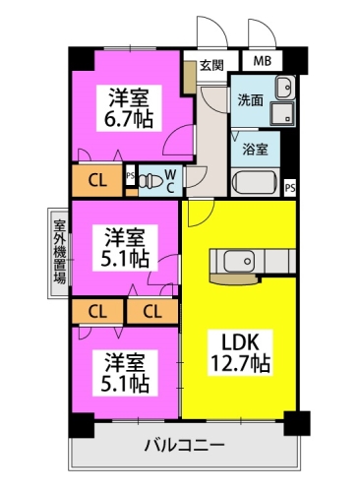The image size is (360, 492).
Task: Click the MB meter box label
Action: [263, 61]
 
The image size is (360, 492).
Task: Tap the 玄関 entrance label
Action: [211, 65]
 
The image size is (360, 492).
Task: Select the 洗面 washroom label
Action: [250, 100]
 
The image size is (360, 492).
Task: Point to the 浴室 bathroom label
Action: [255, 150]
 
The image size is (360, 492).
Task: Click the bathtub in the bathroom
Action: [255, 182]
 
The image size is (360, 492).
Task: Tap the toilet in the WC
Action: [151, 181]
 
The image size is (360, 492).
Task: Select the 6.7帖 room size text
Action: [128, 121]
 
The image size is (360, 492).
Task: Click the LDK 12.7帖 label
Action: [240, 352]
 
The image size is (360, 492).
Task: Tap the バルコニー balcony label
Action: [185, 446]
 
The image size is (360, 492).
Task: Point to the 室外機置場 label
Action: [60, 252]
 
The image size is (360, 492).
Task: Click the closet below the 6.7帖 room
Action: [97, 180]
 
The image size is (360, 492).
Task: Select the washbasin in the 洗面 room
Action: [285, 88]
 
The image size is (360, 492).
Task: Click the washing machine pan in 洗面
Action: [283, 113]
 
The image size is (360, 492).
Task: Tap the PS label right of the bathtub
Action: [290, 188]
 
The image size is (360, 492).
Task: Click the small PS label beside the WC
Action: [130, 175]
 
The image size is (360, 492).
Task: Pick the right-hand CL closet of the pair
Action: [152, 311]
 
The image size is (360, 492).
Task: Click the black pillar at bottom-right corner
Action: [297, 423]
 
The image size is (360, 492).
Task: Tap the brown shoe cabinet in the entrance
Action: [189, 77]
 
